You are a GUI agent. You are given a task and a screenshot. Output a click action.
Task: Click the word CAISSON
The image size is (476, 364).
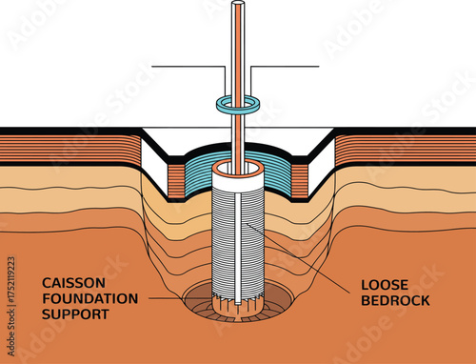pyautogui.click(x=75, y=283)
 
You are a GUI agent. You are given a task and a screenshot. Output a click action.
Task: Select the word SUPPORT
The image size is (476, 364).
pyautogui.click(x=75, y=313)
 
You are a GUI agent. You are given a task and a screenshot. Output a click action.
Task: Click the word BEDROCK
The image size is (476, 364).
pyautogui.click(x=395, y=300)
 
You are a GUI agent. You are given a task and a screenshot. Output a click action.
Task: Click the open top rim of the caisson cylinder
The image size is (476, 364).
pyautogui.click(x=237, y=169)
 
